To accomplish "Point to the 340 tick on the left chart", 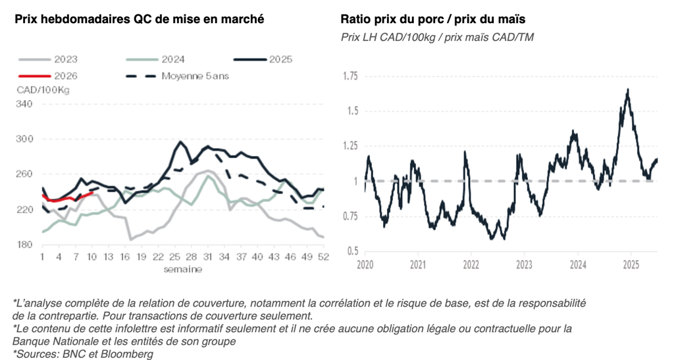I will click(x=23, y=103).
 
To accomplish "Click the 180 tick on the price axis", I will click(x=23, y=245).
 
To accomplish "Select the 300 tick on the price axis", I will click(x=23, y=139).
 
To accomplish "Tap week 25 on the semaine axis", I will click(x=176, y=257).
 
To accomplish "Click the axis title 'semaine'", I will click(x=183, y=269).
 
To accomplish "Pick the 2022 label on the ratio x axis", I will click(x=471, y=265).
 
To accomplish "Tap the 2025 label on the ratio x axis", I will click(x=631, y=265).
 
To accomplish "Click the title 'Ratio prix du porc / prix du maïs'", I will click(x=428, y=19).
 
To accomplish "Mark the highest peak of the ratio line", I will click(x=628, y=90).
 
